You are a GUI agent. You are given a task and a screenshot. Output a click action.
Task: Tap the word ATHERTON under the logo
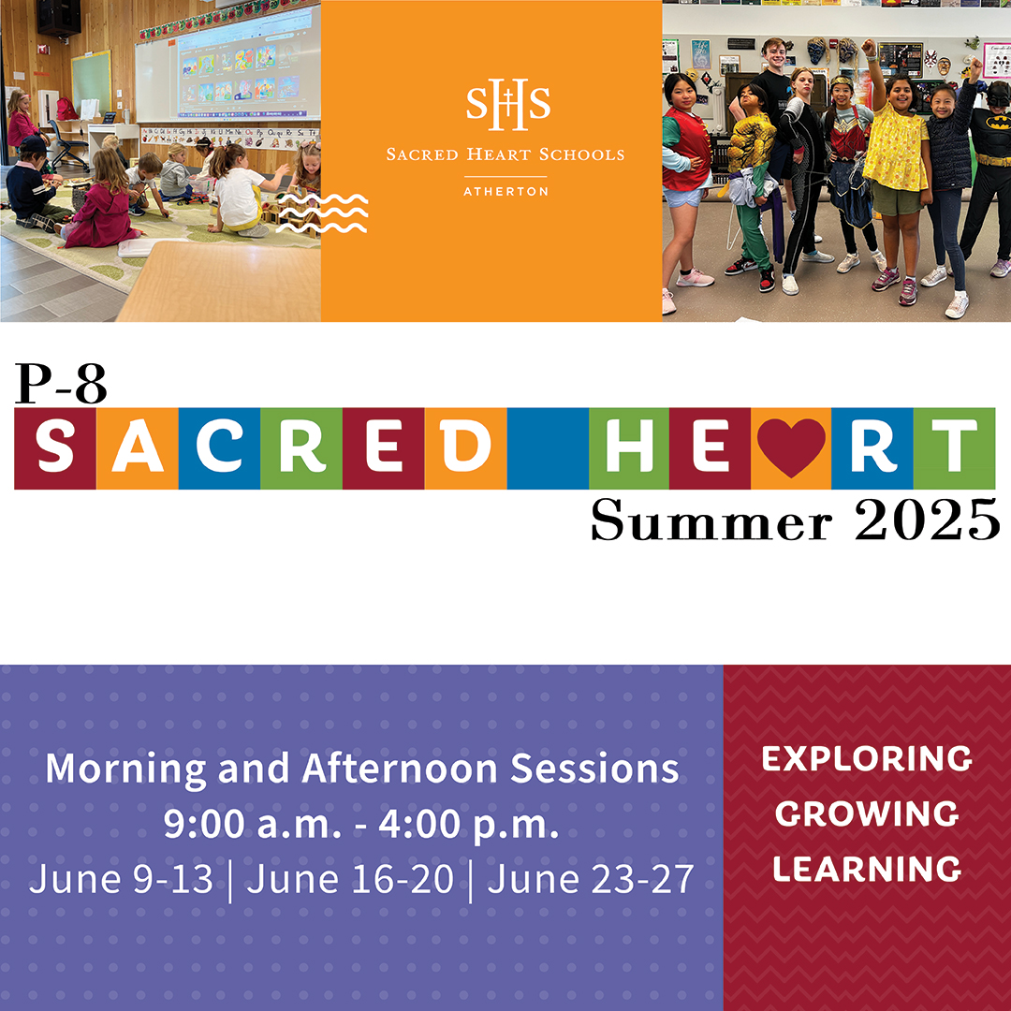click(x=505, y=192)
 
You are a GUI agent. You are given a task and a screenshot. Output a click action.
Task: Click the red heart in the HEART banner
click(x=791, y=448)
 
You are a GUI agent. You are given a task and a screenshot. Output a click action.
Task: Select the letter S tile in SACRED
click(x=55, y=448)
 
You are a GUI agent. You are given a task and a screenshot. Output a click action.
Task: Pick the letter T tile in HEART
click(x=954, y=448)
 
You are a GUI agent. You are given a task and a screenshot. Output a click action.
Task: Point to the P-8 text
click(x=61, y=384)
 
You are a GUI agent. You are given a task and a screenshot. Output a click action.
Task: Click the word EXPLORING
click(x=867, y=758)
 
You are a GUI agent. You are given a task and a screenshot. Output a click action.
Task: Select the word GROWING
click(x=867, y=813)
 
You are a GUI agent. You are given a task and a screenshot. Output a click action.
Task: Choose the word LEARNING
click(x=867, y=869)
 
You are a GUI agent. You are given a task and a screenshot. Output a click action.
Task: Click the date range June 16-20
click(x=350, y=880)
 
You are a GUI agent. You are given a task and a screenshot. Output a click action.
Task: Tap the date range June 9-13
click(x=122, y=880)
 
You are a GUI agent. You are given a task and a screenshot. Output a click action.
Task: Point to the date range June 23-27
click(x=591, y=880)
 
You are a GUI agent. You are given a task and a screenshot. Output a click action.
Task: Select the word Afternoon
click(x=401, y=769)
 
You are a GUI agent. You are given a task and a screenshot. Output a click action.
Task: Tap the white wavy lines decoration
click(x=322, y=213)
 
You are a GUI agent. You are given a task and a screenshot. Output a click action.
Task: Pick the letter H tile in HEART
click(x=629, y=448)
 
